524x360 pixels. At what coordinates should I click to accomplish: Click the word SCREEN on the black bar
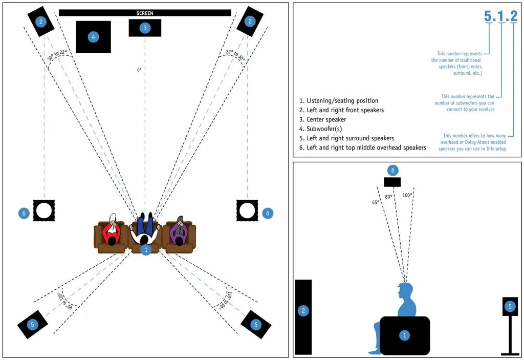tap(145, 13)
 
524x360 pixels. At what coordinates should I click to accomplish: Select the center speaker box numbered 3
tap(145, 28)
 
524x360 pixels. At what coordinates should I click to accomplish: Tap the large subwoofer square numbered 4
tap(93, 37)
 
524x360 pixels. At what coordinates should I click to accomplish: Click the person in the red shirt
tap(111, 233)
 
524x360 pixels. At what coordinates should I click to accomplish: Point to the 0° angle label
tap(139, 70)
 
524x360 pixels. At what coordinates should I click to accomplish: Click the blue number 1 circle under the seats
tap(146, 250)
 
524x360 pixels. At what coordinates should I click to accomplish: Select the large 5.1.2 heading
tap(500, 16)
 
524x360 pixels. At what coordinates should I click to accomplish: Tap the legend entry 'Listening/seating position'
tap(339, 101)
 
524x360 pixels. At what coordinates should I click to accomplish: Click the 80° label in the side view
tap(389, 197)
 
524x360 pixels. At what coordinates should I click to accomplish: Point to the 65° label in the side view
tap(375, 202)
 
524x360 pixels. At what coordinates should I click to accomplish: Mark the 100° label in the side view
tap(407, 195)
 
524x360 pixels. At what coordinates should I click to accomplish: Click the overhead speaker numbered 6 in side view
tap(392, 182)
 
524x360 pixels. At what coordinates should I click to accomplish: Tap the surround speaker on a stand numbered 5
tap(510, 307)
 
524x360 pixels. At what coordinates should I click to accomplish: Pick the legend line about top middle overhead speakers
tap(366, 147)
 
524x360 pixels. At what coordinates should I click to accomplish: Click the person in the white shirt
tap(145, 233)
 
